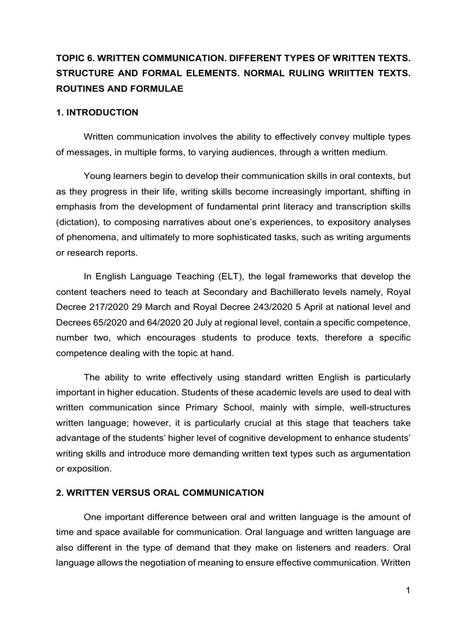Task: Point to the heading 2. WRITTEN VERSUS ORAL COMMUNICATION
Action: tap(160, 493)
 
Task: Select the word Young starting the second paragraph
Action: tap(96, 176)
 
